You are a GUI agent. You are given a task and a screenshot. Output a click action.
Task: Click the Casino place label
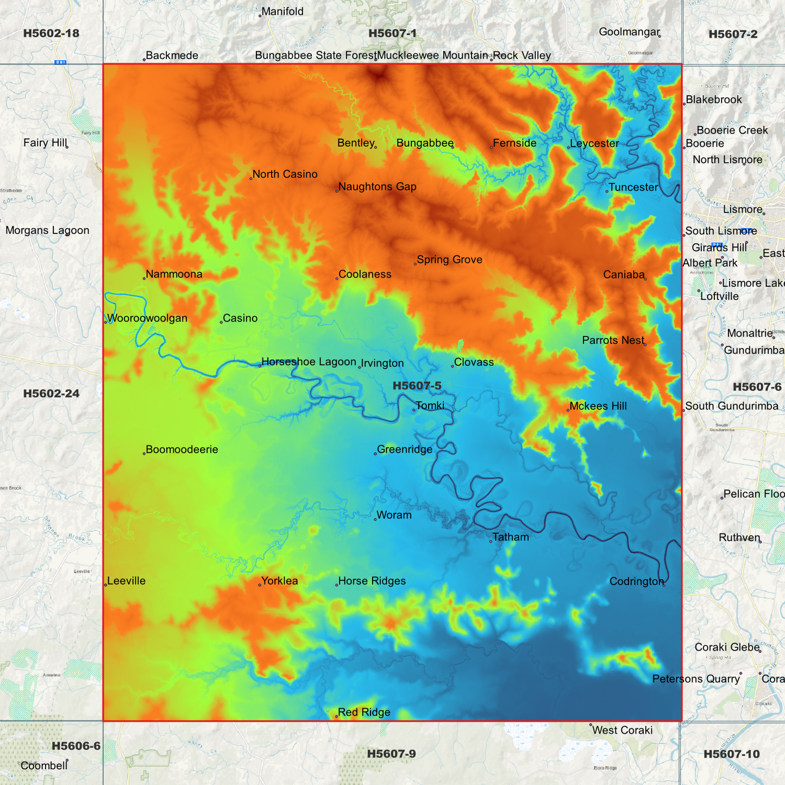[240, 318]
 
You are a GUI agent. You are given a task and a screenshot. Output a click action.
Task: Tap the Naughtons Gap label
[377, 187]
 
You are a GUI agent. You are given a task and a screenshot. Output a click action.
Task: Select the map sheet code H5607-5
[417, 386]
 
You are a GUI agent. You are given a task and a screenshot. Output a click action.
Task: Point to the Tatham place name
[511, 537]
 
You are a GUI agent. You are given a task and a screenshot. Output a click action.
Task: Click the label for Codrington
[637, 581]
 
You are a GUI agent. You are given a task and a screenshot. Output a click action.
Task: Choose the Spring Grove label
[449, 260]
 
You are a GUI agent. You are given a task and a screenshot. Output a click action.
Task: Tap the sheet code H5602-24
[51, 393]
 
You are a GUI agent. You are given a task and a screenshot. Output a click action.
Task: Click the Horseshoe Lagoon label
[309, 362]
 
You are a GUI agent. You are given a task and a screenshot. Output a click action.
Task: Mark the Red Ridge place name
[364, 712]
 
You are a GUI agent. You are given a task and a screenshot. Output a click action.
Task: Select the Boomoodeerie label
[182, 450]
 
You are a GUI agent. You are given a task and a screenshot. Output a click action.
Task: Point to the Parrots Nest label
[613, 341]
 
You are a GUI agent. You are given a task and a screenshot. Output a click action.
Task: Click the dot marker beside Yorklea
[260, 585]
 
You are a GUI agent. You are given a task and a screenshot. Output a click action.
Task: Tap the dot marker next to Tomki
[414, 410]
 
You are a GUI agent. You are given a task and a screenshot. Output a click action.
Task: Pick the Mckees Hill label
[598, 406]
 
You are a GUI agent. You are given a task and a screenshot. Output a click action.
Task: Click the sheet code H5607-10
[731, 754]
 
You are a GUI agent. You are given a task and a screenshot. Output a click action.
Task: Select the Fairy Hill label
[45, 143]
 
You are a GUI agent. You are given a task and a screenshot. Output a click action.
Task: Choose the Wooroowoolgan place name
[147, 318]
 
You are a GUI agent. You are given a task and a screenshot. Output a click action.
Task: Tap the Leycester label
[594, 143]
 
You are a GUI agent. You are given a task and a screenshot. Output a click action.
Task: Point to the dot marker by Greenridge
[375, 454]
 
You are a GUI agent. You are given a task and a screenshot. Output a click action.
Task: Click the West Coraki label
[622, 730]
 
